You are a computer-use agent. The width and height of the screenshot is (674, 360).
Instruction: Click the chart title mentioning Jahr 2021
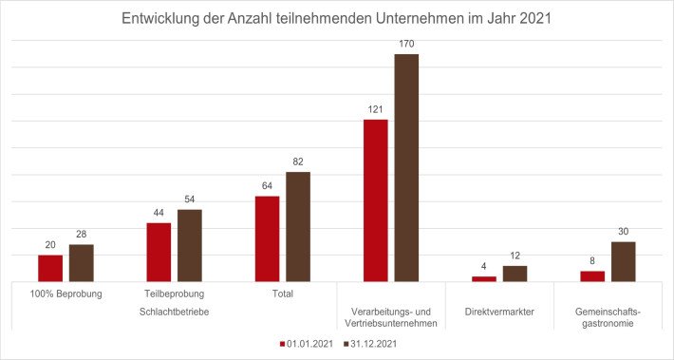pos(337,19)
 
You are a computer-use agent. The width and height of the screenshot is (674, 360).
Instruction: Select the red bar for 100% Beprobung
pos(50,268)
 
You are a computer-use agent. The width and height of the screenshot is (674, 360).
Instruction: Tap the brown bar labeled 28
pos(82,263)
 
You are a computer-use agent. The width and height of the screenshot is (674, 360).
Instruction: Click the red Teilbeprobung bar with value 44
pos(159,252)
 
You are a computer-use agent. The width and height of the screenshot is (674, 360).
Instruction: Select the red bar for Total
pos(267,238)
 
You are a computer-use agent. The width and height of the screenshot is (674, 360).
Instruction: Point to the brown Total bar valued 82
pos(298,226)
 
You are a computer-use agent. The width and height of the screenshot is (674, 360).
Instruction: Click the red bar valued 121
pos(376,200)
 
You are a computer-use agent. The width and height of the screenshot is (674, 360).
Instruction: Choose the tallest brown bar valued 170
pos(406,167)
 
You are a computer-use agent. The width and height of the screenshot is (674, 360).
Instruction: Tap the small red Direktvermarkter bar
pos(484,278)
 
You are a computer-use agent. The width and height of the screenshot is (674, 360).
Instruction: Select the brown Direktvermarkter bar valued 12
pos(515,274)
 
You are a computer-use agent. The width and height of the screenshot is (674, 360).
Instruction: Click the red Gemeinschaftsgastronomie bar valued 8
pos(592,276)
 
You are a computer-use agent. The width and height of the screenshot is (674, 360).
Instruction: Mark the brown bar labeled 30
pos(623,261)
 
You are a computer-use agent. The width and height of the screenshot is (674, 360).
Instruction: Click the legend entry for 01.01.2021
pos(307,343)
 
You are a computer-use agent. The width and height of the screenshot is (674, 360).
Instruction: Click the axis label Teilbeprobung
pos(175,294)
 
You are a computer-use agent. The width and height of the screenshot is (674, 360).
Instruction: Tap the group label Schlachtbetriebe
pos(175,311)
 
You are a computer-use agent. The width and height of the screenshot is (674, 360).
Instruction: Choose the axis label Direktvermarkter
pos(499,311)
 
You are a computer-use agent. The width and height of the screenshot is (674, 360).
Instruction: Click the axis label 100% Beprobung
pos(66,294)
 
